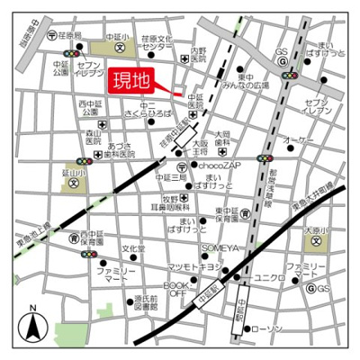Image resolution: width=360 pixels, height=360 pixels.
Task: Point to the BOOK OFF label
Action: pyautogui.click(x=174, y=287)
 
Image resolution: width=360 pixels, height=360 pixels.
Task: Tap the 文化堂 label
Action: pyautogui.click(x=133, y=248)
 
